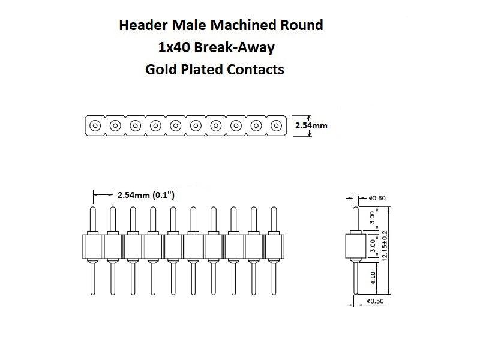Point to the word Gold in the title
click(160, 69)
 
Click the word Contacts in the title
click(256, 69)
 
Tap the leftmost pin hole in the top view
click(95, 126)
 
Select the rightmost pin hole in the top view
click(276, 126)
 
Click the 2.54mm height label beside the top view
click(311, 126)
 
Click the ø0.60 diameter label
click(377, 198)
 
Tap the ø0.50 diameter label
click(376, 301)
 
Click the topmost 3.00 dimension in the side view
click(373, 217)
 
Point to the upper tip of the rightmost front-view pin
click(274, 210)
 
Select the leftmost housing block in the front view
click(92, 245)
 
